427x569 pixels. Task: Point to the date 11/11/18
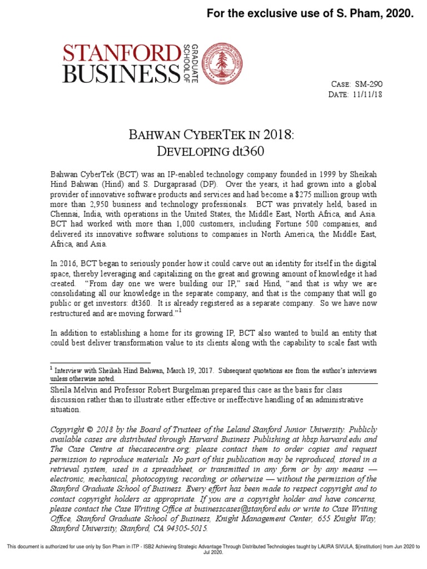point(368,94)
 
